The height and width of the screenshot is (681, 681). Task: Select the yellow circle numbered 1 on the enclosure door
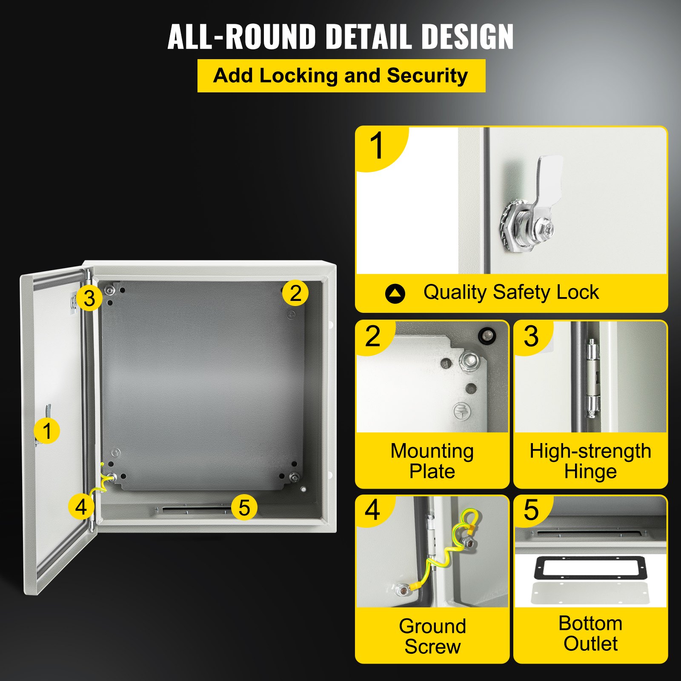(x=47, y=431)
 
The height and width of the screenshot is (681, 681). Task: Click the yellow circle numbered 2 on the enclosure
(x=295, y=293)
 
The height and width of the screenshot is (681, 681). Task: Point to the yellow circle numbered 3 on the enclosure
(x=89, y=298)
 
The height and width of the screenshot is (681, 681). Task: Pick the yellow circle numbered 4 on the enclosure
(x=81, y=507)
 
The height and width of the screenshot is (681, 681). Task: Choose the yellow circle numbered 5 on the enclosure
(x=244, y=507)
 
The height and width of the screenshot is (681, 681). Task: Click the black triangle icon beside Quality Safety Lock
(x=395, y=293)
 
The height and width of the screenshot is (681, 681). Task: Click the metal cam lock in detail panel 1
(x=532, y=213)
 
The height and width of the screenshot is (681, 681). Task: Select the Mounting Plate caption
(x=432, y=461)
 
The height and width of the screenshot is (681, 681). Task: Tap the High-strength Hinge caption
(x=590, y=461)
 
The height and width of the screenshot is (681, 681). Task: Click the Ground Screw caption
(x=432, y=636)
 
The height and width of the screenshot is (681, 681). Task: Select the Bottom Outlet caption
(x=590, y=633)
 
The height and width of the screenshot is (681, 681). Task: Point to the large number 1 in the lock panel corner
(x=377, y=146)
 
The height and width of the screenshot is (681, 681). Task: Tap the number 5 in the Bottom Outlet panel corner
(x=531, y=510)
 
